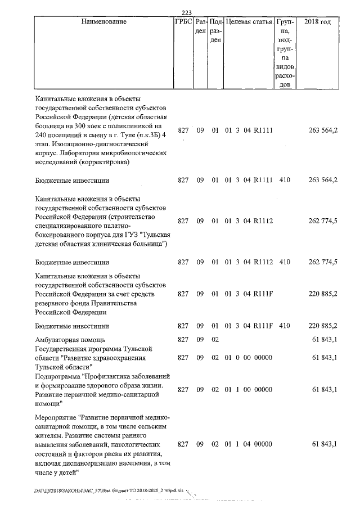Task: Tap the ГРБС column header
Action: [184, 22]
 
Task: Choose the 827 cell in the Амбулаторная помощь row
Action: [183, 340]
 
